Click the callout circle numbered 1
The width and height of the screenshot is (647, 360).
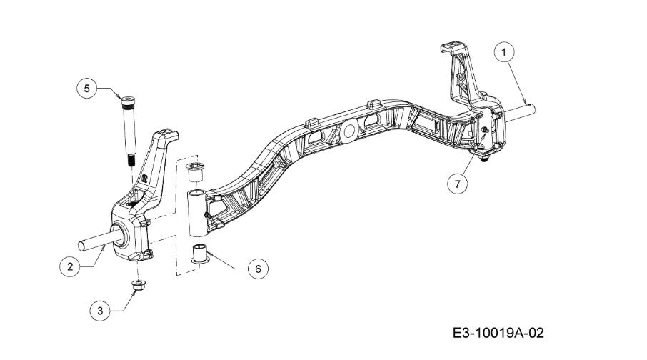point(504,52)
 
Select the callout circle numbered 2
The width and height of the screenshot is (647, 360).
point(70,266)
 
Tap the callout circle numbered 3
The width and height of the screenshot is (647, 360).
point(100,311)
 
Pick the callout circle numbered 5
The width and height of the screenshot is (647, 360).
point(86,89)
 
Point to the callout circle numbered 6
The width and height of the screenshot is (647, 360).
point(258,269)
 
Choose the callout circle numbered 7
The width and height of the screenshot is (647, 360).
point(458,184)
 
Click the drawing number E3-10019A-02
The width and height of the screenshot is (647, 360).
point(498,333)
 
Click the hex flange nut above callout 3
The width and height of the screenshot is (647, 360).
point(137,285)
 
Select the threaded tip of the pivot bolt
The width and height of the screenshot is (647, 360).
point(130,159)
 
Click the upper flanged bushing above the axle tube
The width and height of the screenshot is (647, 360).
point(195,171)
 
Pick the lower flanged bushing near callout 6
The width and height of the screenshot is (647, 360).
point(200,254)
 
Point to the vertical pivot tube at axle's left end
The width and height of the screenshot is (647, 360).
point(197,214)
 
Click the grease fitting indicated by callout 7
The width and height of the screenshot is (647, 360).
point(485,131)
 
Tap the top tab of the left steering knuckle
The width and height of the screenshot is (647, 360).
point(167,134)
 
